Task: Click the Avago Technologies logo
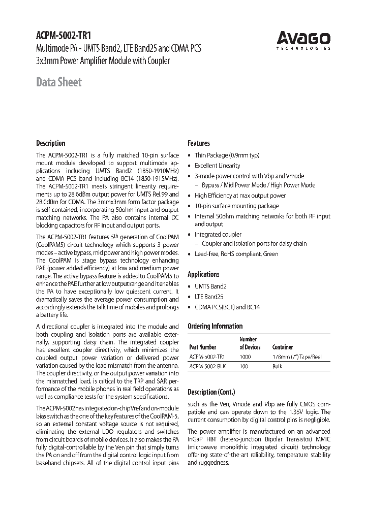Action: pyautogui.click(x=303, y=40)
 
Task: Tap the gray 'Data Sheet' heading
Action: pyautogui.click(x=58, y=82)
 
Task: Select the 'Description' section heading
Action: pyautogui.click(x=50, y=143)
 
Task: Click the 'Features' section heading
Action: pyautogui.click(x=198, y=143)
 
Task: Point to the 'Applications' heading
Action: pyautogui.click(x=203, y=274)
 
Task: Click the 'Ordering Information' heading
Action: pyautogui.click(x=215, y=326)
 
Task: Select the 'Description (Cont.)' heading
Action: pyautogui.click(x=211, y=392)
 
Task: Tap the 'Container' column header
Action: pyautogui.click(x=283, y=347)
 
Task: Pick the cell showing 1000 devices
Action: pyautogui.click(x=245, y=357)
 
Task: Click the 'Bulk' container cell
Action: pyautogui.click(x=278, y=366)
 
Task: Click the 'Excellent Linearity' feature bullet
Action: pyautogui.click(x=217, y=166)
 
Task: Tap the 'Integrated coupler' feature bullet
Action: pyautogui.click(x=218, y=235)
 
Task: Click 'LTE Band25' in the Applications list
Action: pyautogui.click(x=209, y=297)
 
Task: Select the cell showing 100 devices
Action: pyautogui.click(x=243, y=366)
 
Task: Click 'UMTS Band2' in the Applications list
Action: pyautogui.click(x=210, y=286)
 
